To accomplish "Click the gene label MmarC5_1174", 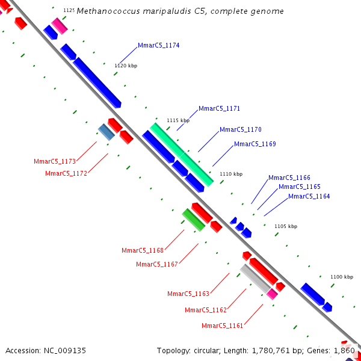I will point(158,46).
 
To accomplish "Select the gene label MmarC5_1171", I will point(219,109).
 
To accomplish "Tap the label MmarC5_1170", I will point(240,130).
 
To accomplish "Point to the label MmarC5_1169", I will point(255,144).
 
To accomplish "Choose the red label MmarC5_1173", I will point(55,161).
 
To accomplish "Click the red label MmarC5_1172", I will point(66,174).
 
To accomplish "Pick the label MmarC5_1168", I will point(143,251).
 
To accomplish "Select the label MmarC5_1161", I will point(223,326).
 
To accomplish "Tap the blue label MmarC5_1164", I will point(309,197).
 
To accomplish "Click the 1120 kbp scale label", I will point(126,66).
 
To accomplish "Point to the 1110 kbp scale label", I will point(231,174).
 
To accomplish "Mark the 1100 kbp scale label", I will point(342,277).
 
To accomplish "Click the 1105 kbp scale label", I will point(286,226).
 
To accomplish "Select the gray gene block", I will point(255,279).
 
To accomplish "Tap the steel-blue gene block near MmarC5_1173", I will point(106,132).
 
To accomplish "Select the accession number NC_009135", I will point(64,350).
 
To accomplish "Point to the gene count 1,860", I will point(344,350).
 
